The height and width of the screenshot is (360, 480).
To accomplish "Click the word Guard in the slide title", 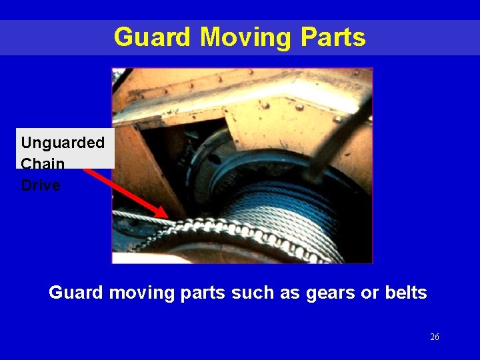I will [x=151, y=37].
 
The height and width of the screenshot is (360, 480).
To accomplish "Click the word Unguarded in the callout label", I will [x=63, y=143].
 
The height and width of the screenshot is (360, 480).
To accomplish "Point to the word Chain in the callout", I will [x=43, y=164].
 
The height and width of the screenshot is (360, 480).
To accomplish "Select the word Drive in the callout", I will [x=41, y=185].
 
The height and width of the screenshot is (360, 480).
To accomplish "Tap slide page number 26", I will [x=434, y=337].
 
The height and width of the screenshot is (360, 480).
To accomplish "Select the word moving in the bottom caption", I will [x=139, y=293].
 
